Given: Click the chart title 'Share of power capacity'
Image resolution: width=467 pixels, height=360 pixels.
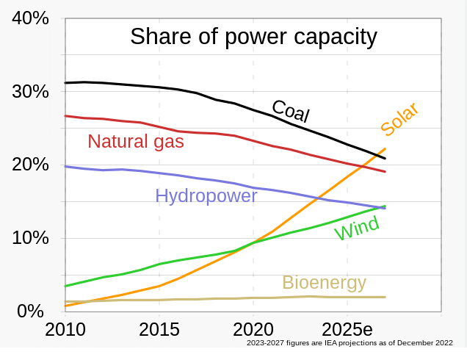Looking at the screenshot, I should coord(253,37).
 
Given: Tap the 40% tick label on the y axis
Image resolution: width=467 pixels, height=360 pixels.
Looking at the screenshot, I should coord(30,18).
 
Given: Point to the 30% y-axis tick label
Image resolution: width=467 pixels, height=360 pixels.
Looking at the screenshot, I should coord(30,92).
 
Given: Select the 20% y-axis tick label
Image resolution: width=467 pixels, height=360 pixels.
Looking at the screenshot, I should coord(30,165).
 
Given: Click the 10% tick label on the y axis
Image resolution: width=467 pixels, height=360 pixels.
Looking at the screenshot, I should coord(30,238).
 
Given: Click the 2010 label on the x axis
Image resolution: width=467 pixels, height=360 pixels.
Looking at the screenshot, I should coord(65,328).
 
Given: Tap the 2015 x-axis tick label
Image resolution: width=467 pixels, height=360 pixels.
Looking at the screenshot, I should coord(159,328).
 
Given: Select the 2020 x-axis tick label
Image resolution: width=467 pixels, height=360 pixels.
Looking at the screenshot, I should coord(253,328).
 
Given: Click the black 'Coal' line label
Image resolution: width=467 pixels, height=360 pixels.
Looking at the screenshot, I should coord(291,112).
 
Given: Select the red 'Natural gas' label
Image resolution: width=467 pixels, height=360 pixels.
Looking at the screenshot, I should coord(135,141).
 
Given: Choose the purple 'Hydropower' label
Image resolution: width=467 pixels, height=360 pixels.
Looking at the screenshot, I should coord(206,195).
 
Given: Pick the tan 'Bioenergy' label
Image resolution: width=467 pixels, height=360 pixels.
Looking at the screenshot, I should coord(324,283).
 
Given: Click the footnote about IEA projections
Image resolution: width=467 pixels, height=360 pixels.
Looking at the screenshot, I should coord(350,342).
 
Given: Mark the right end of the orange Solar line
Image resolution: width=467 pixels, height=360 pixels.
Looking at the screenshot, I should coord(385,149).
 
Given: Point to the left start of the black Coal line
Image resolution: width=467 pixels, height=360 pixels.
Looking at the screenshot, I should coord(66,83).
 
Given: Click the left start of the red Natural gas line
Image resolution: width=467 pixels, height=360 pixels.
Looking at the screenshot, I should coord(66,115).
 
